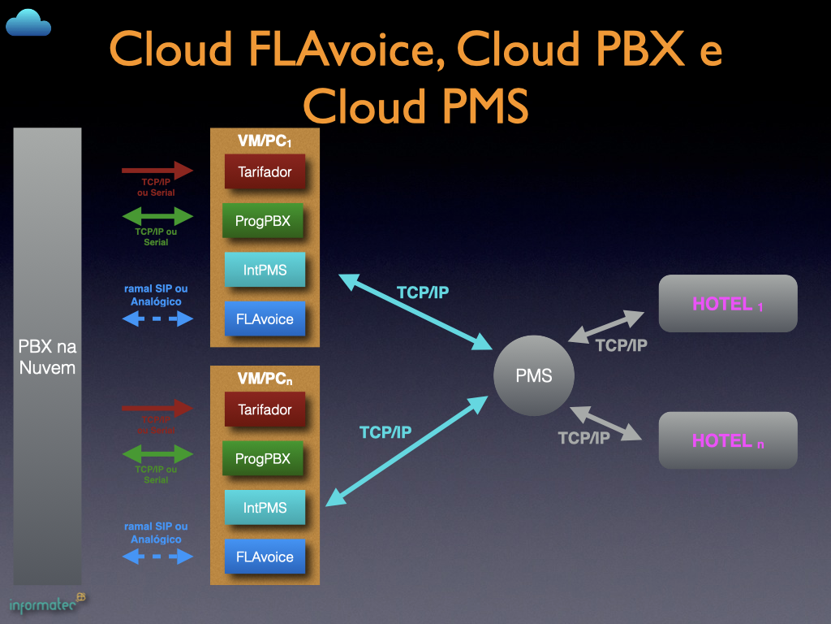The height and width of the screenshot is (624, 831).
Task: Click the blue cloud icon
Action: [x=28, y=23]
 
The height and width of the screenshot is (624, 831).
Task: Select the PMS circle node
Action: [x=534, y=375]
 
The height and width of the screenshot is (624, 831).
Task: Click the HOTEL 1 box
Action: [x=728, y=304]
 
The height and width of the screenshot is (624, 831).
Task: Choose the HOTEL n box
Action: [x=728, y=440]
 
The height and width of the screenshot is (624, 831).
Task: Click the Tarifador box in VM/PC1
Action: [x=265, y=172]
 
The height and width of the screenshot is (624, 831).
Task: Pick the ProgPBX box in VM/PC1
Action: [x=262, y=221]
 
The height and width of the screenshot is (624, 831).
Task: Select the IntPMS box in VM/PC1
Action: [x=265, y=270]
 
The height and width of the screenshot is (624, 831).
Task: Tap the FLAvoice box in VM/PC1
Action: [x=265, y=319]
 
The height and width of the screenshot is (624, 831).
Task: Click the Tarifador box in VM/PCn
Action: [x=265, y=409]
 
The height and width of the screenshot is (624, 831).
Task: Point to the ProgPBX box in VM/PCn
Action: [x=262, y=459]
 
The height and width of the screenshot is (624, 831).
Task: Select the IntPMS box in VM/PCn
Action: [x=265, y=508]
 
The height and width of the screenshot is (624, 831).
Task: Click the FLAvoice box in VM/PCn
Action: [x=265, y=557]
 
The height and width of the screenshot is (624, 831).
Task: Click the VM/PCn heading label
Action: [x=265, y=379]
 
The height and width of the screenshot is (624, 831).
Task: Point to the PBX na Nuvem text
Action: [x=47, y=357]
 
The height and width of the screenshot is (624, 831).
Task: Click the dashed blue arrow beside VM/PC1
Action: [x=157, y=319]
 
